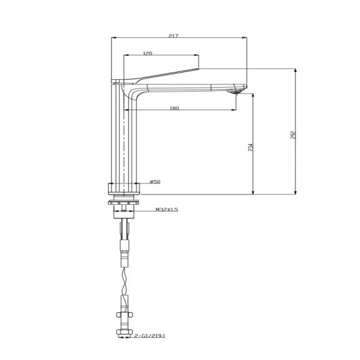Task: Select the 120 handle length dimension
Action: (x=149, y=52)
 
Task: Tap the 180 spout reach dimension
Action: (x=174, y=108)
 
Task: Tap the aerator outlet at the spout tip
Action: (x=233, y=92)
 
